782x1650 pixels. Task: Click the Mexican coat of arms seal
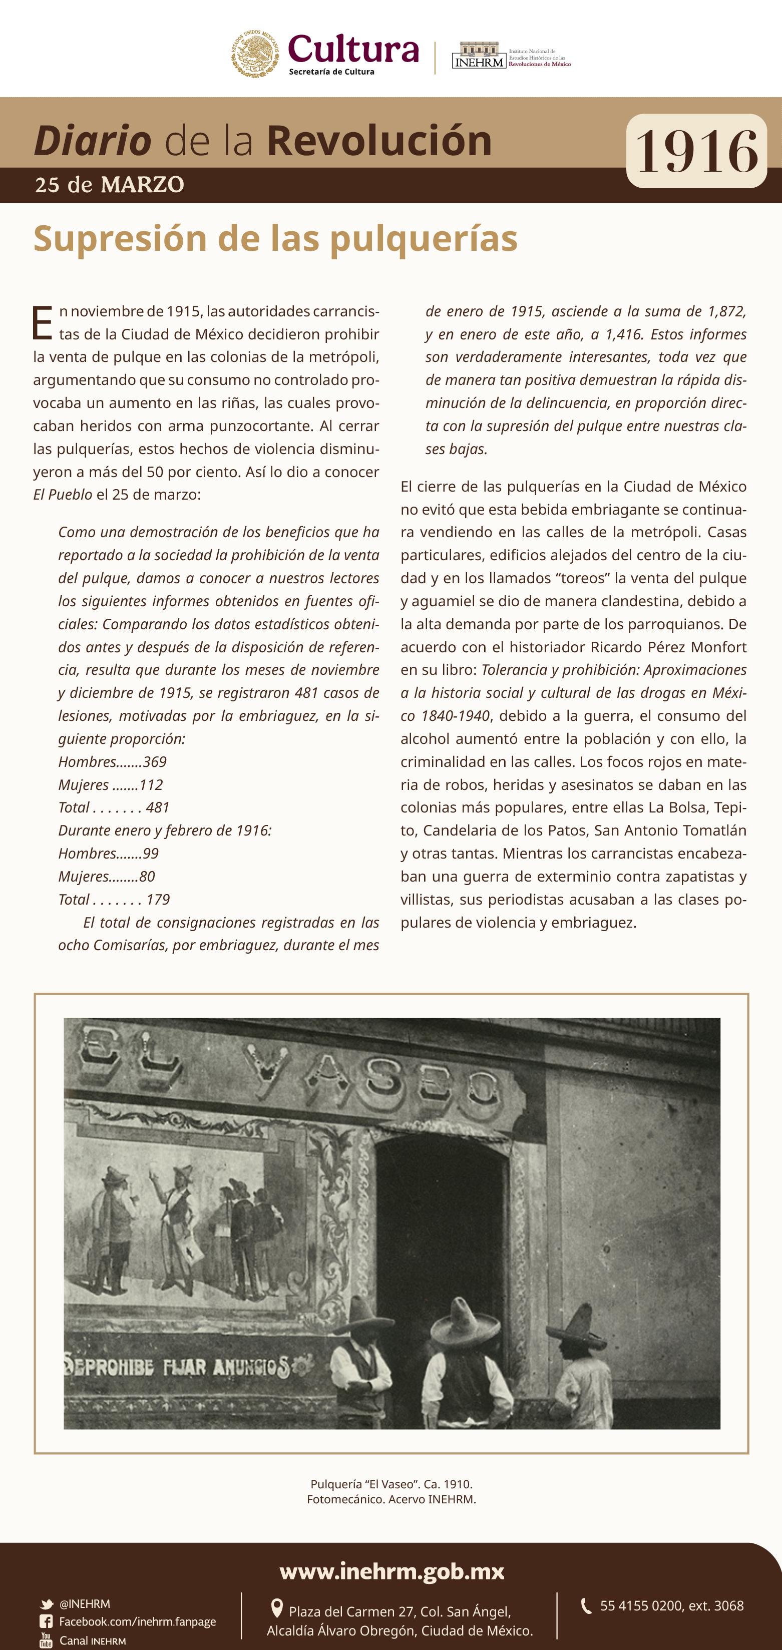pos(255,54)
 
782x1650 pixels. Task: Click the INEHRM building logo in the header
pos(479,55)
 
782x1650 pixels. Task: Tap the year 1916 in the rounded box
pos(696,151)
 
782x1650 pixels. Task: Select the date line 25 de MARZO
pos(110,185)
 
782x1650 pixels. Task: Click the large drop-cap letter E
pos(42,323)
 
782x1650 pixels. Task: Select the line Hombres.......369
pos(112,761)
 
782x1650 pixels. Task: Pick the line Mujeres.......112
pos(110,784)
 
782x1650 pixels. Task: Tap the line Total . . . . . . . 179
pos(114,899)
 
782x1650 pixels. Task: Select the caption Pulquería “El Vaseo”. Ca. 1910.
pos(392,1484)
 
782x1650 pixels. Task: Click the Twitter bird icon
pos(46,1604)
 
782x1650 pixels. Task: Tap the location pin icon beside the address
pos(277,1608)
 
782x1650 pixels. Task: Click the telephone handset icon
pos(585,1606)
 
